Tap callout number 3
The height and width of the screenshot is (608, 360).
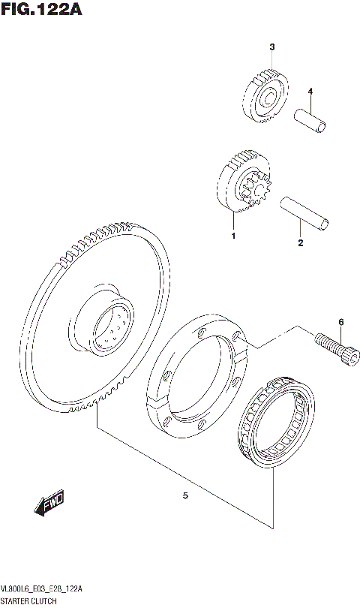272,47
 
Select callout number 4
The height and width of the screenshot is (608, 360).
309,92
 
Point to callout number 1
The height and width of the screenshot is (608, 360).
233,236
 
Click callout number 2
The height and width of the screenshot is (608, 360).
300,242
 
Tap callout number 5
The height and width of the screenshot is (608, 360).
184,495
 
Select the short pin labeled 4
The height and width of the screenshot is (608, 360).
310,120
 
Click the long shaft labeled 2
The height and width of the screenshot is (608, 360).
304,212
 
